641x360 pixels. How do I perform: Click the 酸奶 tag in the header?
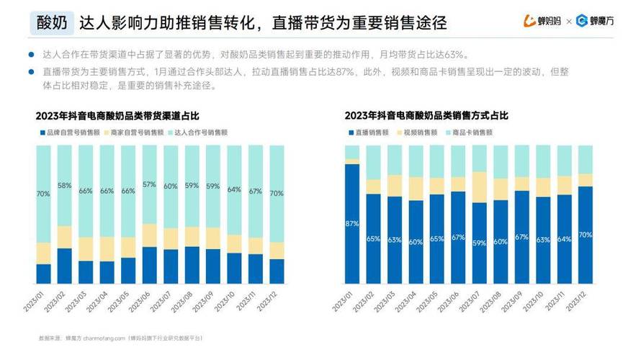tap(53, 23)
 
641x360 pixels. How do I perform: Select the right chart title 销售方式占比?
tap(426, 115)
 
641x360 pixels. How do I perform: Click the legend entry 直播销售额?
tap(372, 132)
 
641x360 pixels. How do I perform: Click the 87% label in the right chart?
tap(351, 224)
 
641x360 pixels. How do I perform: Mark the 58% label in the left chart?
tap(65, 186)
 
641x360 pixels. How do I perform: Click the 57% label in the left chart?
tap(149, 185)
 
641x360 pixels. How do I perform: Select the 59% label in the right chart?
tap(480, 243)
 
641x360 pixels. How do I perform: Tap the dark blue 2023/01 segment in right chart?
tap(351, 238)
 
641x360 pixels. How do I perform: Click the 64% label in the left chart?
tap(234, 190)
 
